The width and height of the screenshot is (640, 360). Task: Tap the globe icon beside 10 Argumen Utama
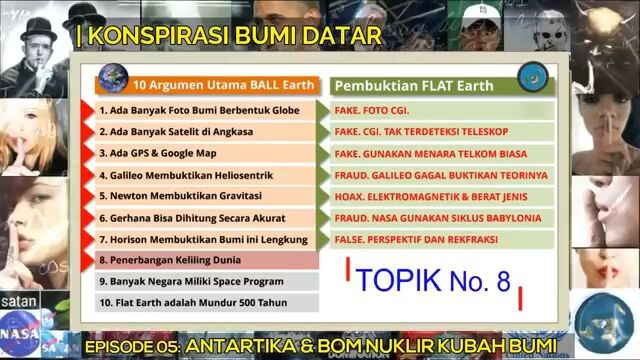click(109, 83)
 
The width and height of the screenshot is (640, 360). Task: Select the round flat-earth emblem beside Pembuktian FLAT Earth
click(530, 81)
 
